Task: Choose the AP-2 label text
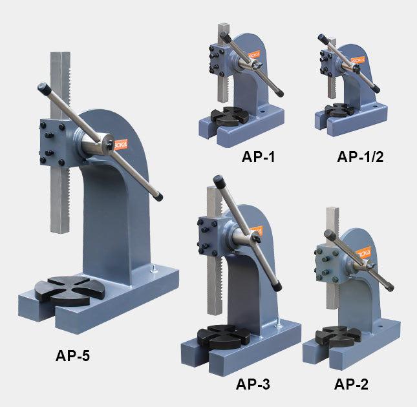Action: tap(351, 384)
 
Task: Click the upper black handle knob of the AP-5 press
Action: tap(45, 87)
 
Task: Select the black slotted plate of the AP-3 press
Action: tap(220, 336)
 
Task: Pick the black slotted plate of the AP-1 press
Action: tap(231, 116)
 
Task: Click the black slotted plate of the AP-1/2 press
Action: tap(339, 110)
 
